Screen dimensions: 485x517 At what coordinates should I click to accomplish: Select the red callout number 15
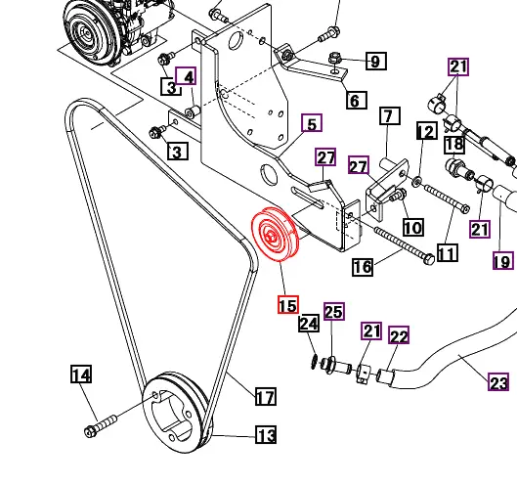pos(287,305)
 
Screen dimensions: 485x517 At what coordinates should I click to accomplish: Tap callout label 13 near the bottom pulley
pos(266,435)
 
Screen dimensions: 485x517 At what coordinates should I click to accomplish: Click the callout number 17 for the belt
pos(265,396)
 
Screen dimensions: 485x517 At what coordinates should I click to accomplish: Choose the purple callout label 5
pos(312,123)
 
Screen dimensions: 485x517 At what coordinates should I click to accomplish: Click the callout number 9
pos(376,62)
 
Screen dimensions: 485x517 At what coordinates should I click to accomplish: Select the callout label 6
pos(353,100)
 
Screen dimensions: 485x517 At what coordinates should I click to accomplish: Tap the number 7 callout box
pos(387,116)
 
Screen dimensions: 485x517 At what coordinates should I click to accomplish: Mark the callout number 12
pos(426,130)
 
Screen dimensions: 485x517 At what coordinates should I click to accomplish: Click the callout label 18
pos(453,145)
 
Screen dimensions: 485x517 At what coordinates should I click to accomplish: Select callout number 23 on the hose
pos(497,382)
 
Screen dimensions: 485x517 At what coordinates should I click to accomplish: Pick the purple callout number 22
pos(399,336)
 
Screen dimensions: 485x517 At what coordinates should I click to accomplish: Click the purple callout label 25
pos(333,312)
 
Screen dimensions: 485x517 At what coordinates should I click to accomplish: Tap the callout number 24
pos(308,323)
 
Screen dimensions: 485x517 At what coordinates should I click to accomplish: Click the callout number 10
pos(412,227)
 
